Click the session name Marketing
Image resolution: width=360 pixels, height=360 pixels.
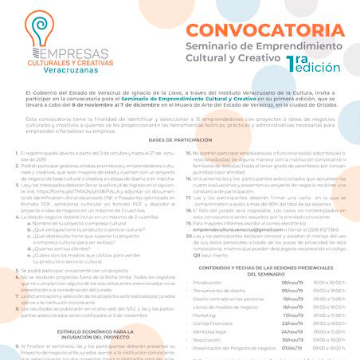coord(205,315)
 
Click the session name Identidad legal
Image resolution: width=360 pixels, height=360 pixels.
coord(212,331)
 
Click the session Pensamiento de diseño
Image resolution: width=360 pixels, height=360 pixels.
coord(218,290)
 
